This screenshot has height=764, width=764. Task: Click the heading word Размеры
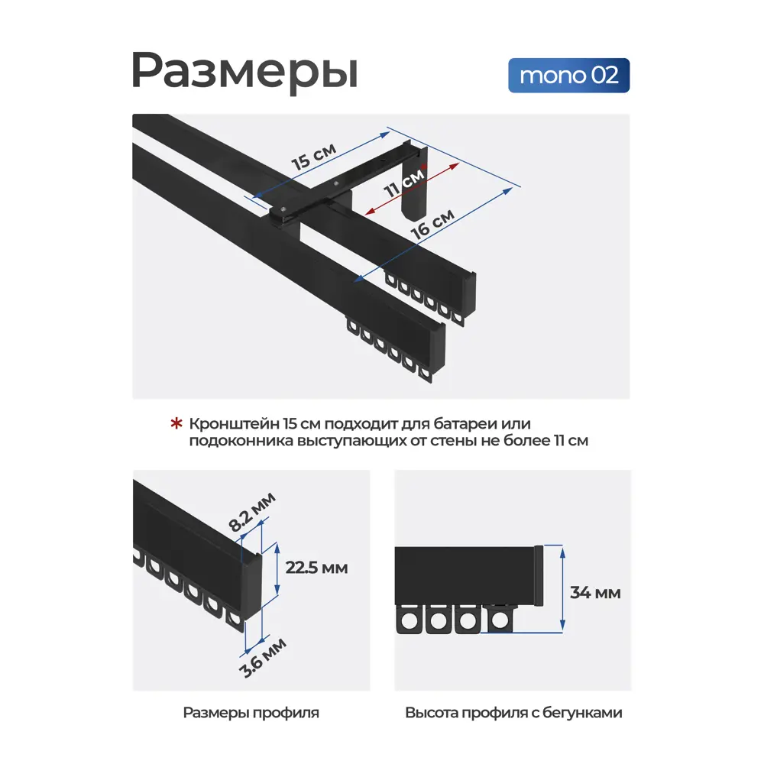click(244, 71)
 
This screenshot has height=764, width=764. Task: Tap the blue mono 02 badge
click(568, 76)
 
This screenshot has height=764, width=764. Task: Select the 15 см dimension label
click(314, 156)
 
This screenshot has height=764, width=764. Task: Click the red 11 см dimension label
click(405, 183)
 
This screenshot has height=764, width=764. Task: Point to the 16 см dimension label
click(432, 224)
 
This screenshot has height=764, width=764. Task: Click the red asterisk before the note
click(176, 423)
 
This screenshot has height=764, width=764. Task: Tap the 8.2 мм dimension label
click(252, 512)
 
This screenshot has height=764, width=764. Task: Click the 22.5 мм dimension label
click(316, 568)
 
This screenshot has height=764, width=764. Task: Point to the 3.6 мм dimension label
click(263, 658)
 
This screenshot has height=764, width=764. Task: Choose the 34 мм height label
click(595, 593)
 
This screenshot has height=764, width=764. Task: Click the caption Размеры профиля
click(251, 713)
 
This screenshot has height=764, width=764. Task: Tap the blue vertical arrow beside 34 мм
click(563, 589)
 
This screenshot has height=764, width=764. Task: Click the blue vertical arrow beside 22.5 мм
click(277, 568)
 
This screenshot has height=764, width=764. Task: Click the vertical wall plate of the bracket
click(414, 183)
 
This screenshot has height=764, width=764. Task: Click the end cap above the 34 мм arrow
click(539, 575)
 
